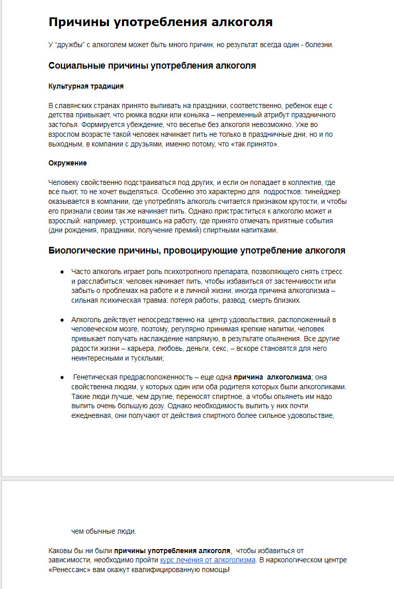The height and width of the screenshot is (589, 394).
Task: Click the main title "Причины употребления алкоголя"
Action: pyautogui.click(x=160, y=22)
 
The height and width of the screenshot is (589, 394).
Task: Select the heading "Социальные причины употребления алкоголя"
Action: pyautogui.click(x=152, y=66)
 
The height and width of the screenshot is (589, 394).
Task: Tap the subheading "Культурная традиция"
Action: pyautogui.click(x=86, y=86)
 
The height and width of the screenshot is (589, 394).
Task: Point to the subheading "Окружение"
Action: pyautogui.click(x=67, y=163)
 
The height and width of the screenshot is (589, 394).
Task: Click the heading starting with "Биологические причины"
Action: pyautogui.click(x=197, y=250)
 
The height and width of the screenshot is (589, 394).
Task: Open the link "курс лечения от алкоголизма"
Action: pyautogui.click(x=208, y=560)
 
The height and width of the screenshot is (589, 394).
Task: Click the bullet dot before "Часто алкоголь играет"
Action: pyautogui.click(x=62, y=271)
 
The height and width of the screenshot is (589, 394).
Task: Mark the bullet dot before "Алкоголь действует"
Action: pyautogui.click(x=62, y=320)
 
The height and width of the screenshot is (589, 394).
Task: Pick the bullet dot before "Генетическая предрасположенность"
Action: pyautogui.click(x=62, y=377)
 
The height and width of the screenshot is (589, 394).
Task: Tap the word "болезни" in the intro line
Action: pyautogui.click(x=321, y=45)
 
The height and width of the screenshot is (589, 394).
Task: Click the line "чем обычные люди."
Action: pyautogui.click(x=104, y=531)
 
